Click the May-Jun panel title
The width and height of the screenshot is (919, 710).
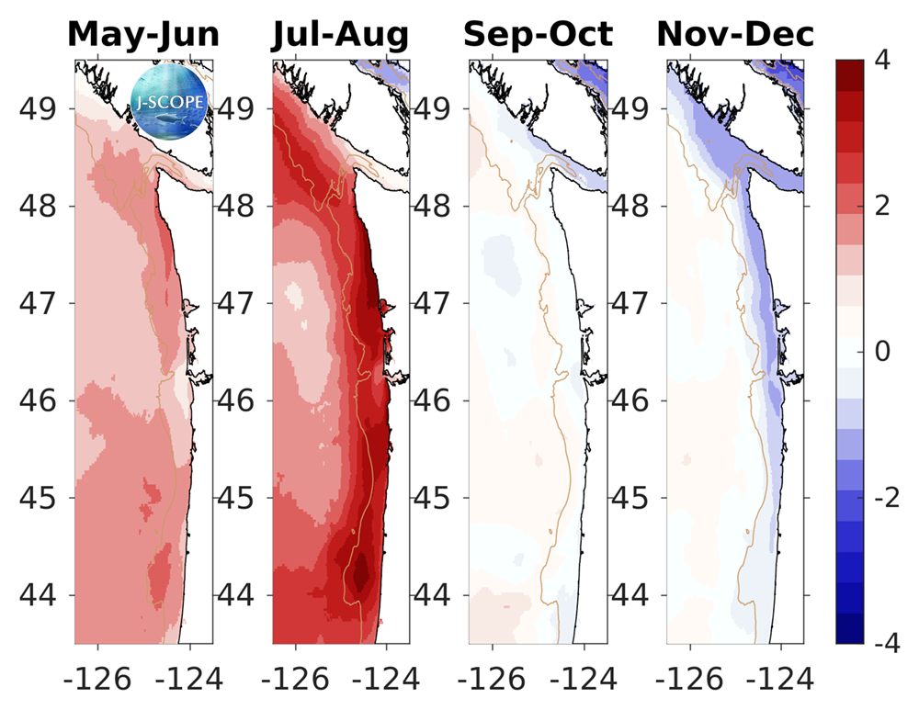(143, 34)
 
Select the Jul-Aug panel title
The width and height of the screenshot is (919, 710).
(340, 34)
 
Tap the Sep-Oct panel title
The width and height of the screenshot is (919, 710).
(538, 34)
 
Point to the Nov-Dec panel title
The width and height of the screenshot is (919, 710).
(735, 34)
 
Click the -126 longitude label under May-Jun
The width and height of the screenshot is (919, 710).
(94, 680)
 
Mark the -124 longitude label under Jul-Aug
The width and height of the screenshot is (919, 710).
(383, 680)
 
